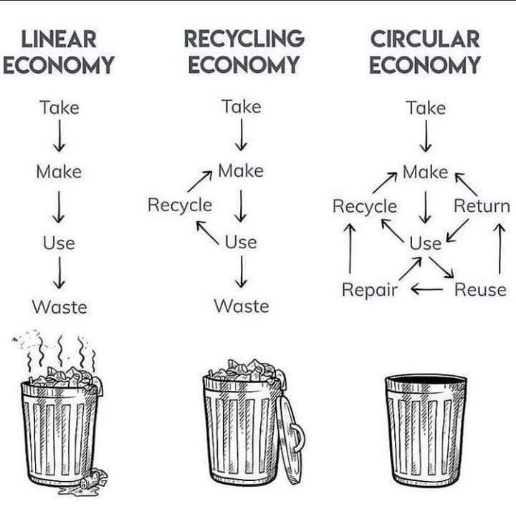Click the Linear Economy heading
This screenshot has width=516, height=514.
[59, 52]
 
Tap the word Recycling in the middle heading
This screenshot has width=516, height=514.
[244, 39]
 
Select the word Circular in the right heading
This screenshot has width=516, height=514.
[425, 39]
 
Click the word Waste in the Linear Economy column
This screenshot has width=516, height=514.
[59, 307]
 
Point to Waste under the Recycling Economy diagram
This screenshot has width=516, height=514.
[242, 306]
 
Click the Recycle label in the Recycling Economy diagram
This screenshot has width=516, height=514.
[180, 205]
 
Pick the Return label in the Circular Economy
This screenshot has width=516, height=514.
[482, 205]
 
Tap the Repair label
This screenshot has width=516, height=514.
[370, 290]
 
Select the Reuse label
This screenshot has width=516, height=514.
[480, 290]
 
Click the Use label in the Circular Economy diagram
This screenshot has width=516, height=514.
[425, 243]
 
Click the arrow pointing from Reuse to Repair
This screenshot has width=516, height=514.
[427, 289]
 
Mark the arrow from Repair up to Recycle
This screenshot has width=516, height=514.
[350, 248]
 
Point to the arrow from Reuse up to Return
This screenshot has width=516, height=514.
[500, 248]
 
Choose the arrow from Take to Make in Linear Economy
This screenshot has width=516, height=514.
[59, 136]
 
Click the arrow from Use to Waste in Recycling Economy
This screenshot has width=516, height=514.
[242, 272]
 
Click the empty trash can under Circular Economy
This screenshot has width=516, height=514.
[426, 430]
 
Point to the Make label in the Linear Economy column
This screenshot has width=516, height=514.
[59, 172]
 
